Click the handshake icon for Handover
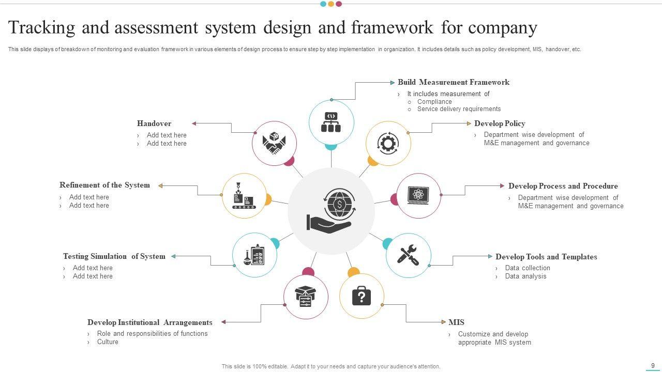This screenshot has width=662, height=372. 274,143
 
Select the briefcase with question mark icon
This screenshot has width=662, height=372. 362,296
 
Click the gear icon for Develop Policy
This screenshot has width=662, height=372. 388,143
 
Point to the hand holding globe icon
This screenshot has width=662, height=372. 331,210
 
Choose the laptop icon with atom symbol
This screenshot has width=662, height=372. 418,195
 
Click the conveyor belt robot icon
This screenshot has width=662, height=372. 244,196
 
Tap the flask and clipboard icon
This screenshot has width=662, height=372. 254,255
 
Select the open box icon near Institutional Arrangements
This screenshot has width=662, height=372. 306,297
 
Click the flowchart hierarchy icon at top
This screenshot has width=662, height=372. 331,122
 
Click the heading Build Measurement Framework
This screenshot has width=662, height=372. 453,82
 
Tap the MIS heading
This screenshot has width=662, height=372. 456,322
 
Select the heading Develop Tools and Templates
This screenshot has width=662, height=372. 546,257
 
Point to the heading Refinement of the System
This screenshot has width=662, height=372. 104,185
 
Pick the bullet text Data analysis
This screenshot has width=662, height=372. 525,276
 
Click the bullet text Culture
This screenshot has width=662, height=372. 108,342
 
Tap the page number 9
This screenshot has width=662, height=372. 653,365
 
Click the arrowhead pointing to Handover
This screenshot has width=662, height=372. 194,123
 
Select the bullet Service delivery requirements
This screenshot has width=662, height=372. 459,109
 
